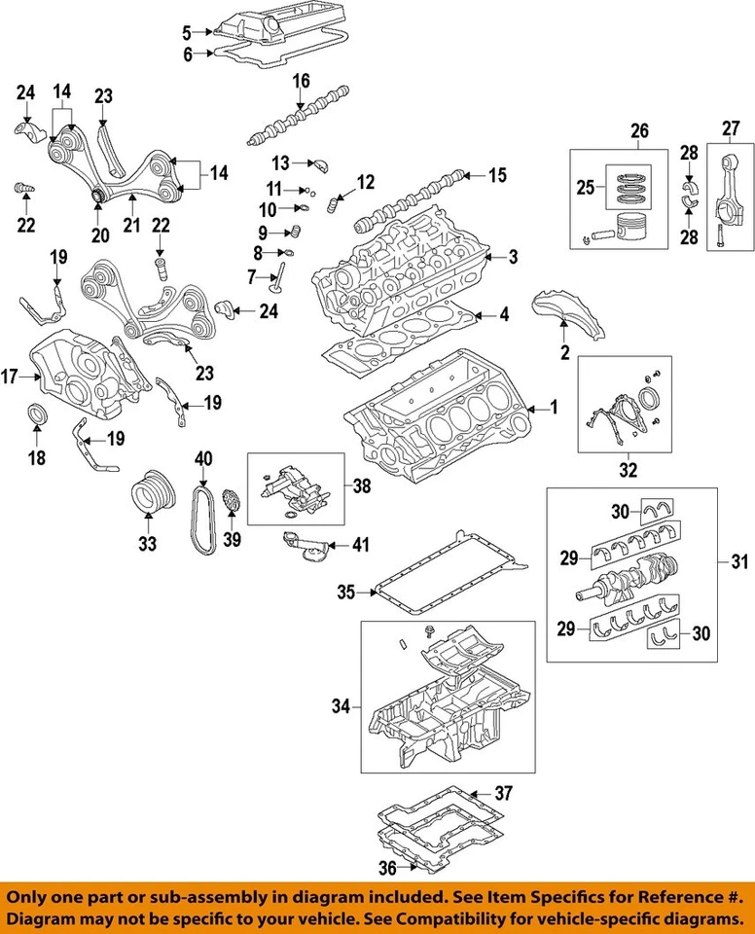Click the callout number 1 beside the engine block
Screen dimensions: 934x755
point(554,409)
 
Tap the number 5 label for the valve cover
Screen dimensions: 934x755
point(187,32)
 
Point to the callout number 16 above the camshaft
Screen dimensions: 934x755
point(301,80)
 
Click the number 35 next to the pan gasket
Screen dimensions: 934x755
point(344,591)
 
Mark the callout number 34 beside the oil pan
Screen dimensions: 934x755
point(340,705)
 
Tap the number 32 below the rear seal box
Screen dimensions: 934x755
point(628,471)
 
